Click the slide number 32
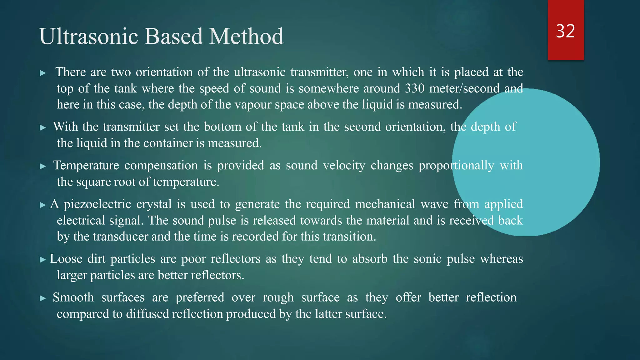[x=565, y=31]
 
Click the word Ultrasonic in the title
[x=88, y=36]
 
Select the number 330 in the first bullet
[x=415, y=88]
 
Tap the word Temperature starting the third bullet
[x=86, y=166]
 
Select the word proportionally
[x=456, y=166]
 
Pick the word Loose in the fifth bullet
[x=66, y=259]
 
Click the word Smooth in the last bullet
[x=73, y=297]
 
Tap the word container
[x=168, y=143]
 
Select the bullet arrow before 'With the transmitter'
[x=43, y=128]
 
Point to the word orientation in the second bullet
[x=415, y=127]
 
